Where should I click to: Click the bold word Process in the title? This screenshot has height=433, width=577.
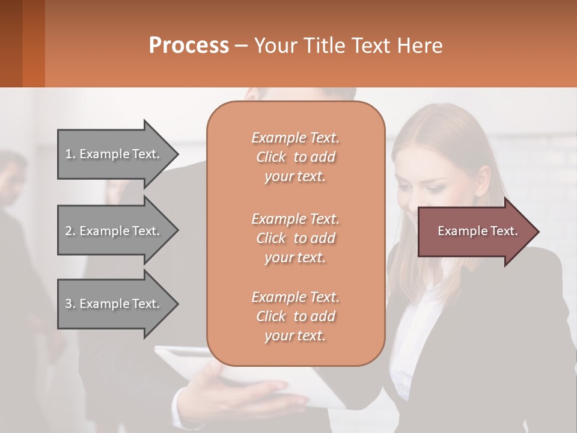pyautogui.click(x=189, y=46)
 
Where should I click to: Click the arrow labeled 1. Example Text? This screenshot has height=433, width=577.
pyautogui.click(x=114, y=154)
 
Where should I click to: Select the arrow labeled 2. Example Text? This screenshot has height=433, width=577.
pyautogui.click(x=114, y=231)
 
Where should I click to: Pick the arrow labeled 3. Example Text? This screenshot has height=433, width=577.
pyautogui.click(x=114, y=304)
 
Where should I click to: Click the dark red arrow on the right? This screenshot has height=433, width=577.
pyautogui.click(x=475, y=232)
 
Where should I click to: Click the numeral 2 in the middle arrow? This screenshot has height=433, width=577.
pyautogui.click(x=68, y=231)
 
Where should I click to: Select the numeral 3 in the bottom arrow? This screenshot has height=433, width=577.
pyautogui.click(x=68, y=304)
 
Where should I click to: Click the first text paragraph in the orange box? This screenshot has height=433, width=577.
pyautogui.click(x=295, y=157)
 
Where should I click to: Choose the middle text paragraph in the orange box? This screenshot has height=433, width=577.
pyautogui.click(x=295, y=238)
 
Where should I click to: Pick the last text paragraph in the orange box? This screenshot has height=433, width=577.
pyautogui.click(x=295, y=316)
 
